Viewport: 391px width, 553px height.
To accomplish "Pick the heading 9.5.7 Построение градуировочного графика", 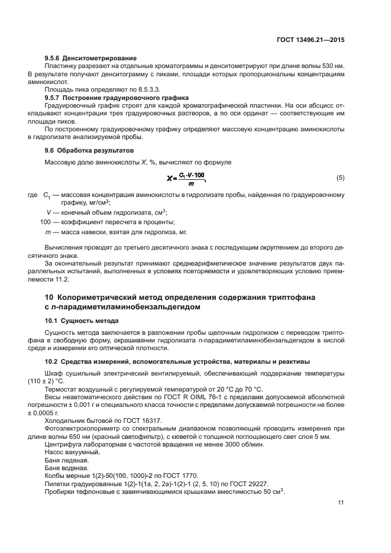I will coord(117,96).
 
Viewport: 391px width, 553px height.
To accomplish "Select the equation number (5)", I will coord(340,178).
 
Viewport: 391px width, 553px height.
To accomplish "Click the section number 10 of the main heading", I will coord(50,297).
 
